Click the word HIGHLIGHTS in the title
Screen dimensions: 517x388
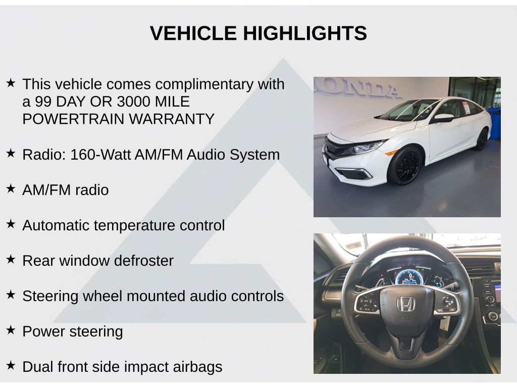tap(305, 33)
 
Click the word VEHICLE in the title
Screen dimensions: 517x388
tap(193, 33)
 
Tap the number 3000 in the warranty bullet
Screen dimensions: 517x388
tap(133, 102)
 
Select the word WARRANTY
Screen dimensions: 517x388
tap(172, 119)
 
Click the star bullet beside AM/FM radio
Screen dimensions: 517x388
tap(11, 188)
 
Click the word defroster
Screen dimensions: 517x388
tap(144, 261)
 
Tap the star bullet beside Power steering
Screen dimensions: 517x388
tap(11, 330)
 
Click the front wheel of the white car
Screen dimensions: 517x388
tap(405, 166)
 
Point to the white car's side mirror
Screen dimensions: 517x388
tap(443, 118)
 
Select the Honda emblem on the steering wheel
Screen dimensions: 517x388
tap(405, 304)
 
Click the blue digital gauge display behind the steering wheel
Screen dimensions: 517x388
tap(409, 277)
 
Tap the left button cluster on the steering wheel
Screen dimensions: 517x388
tap(368, 302)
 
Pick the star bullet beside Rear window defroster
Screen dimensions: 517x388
tap(11, 259)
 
